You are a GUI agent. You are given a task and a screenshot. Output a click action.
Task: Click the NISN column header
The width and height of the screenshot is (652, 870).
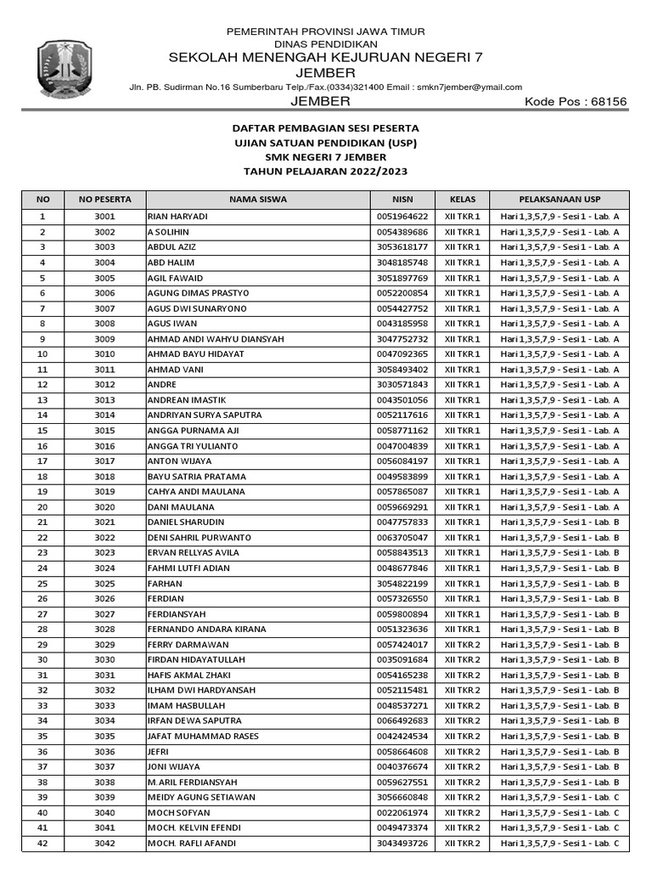click(x=403, y=200)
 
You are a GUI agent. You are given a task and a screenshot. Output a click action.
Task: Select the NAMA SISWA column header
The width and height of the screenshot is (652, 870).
click(x=258, y=200)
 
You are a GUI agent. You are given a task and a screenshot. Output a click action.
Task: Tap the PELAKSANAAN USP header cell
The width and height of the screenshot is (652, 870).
click(x=559, y=200)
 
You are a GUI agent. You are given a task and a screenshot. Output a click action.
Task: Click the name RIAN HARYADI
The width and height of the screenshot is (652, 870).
click(x=177, y=217)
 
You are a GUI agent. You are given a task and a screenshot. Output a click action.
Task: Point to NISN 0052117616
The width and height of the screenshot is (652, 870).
click(x=402, y=415)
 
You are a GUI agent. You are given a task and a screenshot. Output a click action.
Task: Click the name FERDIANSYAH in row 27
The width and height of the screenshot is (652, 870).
click(x=177, y=614)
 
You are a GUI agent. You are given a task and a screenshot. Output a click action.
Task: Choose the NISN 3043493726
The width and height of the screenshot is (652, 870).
click(x=402, y=844)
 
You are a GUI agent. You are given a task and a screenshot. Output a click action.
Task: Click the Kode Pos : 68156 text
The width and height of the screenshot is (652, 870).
click(x=576, y=102)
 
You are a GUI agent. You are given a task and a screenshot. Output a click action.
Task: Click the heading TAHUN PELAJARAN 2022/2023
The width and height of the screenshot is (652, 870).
click(x=326, y=172)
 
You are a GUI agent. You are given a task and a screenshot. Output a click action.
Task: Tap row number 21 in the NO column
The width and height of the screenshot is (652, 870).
click(x=43, y=523)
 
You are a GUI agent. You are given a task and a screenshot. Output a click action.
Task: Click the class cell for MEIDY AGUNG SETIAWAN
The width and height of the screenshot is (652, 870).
click(x=462, y=798)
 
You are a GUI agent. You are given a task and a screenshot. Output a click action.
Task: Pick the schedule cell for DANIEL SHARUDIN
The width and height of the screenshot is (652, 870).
click(x=559, y=523)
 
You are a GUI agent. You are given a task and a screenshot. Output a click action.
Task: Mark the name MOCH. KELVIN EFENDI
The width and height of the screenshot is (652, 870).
click(x=194, y=828)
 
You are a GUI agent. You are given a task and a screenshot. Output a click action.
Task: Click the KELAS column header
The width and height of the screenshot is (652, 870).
click(x=462, y=200)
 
